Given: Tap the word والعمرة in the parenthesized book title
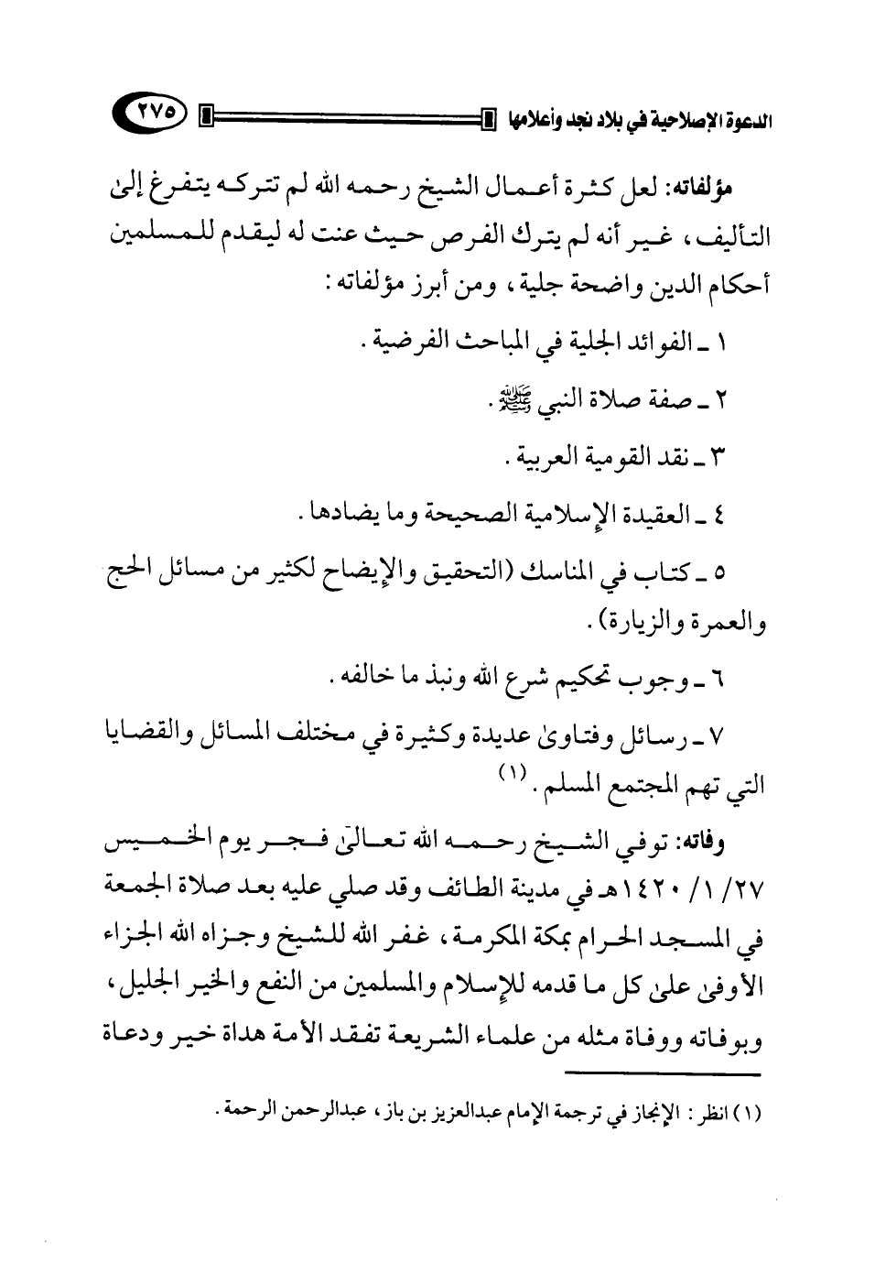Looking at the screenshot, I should [x=726, y=627].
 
